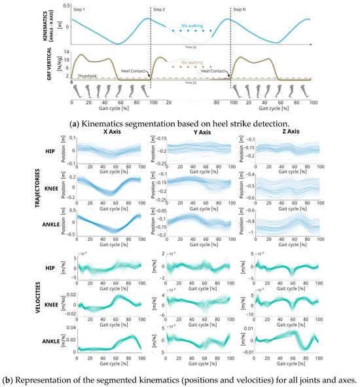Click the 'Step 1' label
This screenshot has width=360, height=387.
(x=81, y=10)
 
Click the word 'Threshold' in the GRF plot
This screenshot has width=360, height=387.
(x=87, y=76)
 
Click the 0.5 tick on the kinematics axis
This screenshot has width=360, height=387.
(x=65, y=6)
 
